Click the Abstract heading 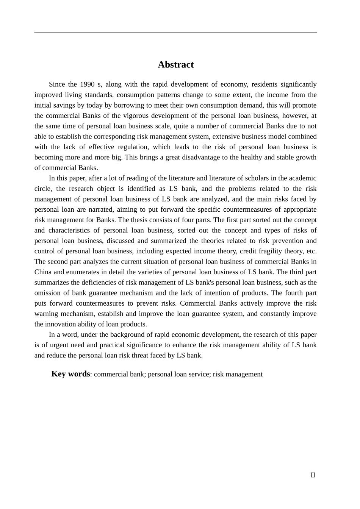coord(175,65)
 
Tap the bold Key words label coord(70,374)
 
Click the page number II coord(313,475)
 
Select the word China coord(43,272)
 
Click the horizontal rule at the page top coord(175,33)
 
